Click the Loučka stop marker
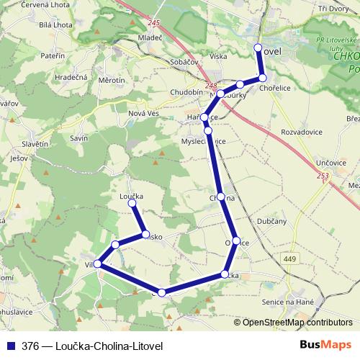pos(132,204)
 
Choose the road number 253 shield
pos(323,176)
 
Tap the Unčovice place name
pos(330,163)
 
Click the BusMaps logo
pos(326,345)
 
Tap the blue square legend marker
pos(11,346)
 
